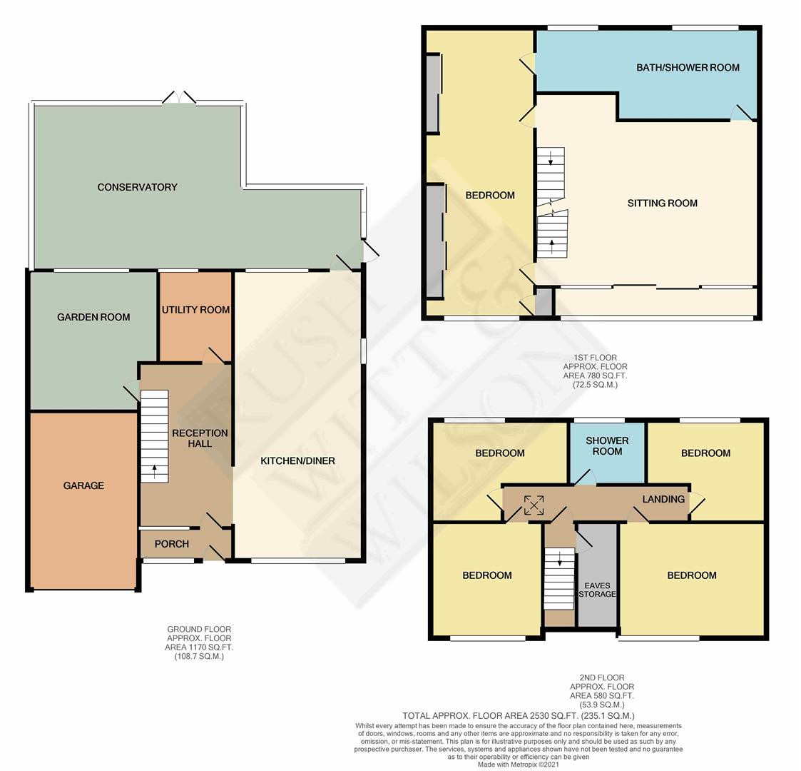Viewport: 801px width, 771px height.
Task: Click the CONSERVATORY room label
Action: tap(137, 187)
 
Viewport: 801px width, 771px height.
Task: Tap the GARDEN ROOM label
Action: tap(93, 317)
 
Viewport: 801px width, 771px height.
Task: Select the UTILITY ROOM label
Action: tap(195, 310)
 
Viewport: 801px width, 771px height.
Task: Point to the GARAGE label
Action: tap(83, 485)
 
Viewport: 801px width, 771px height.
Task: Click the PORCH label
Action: tap(172, 544)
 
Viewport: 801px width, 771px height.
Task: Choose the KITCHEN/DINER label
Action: tap(297, 461)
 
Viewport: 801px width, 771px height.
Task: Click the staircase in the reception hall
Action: tap(154, 435)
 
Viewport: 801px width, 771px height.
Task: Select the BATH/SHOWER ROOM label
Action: tap(688, 68)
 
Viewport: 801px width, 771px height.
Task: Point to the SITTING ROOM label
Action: tap(662, 203)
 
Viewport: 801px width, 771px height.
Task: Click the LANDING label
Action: tap(663, 499)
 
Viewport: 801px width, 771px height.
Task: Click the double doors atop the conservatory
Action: tap(180, 98)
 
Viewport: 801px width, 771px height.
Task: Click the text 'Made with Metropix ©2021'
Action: tap(519, 765)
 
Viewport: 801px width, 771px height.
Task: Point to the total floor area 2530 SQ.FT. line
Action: tap(518, 715)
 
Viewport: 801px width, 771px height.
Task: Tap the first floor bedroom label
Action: tap(490, 196)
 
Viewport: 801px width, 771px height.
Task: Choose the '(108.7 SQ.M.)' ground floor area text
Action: tap(199, 656)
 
